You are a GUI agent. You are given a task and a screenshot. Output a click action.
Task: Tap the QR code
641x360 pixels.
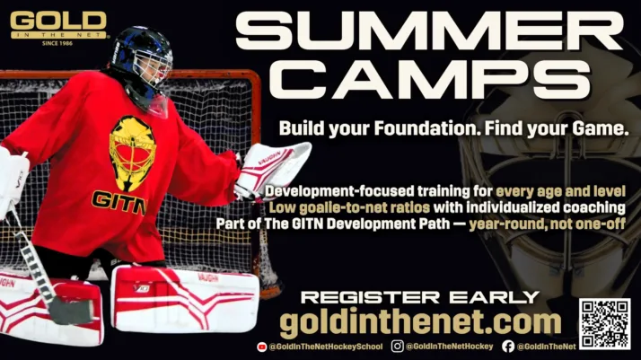(x=604, y=324)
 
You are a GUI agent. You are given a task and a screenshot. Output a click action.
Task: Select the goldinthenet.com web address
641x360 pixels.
(x=420, y=322)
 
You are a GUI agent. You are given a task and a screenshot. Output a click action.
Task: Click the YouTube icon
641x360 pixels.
(x=261, y=347)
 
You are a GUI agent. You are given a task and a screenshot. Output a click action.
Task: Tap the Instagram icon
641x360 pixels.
(x=397, y=347)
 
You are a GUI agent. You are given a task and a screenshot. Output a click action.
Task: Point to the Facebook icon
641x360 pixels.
(x=508, y=347)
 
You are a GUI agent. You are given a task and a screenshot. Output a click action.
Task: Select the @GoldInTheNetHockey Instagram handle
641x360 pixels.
(x=449, y=347)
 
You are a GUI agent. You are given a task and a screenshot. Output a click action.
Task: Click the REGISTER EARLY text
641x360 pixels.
(x=419, y=297)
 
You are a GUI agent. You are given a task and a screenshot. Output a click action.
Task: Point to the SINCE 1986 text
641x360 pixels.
(x=57, y=41)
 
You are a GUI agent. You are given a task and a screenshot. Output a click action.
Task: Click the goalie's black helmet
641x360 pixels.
(x=142, y=56)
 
